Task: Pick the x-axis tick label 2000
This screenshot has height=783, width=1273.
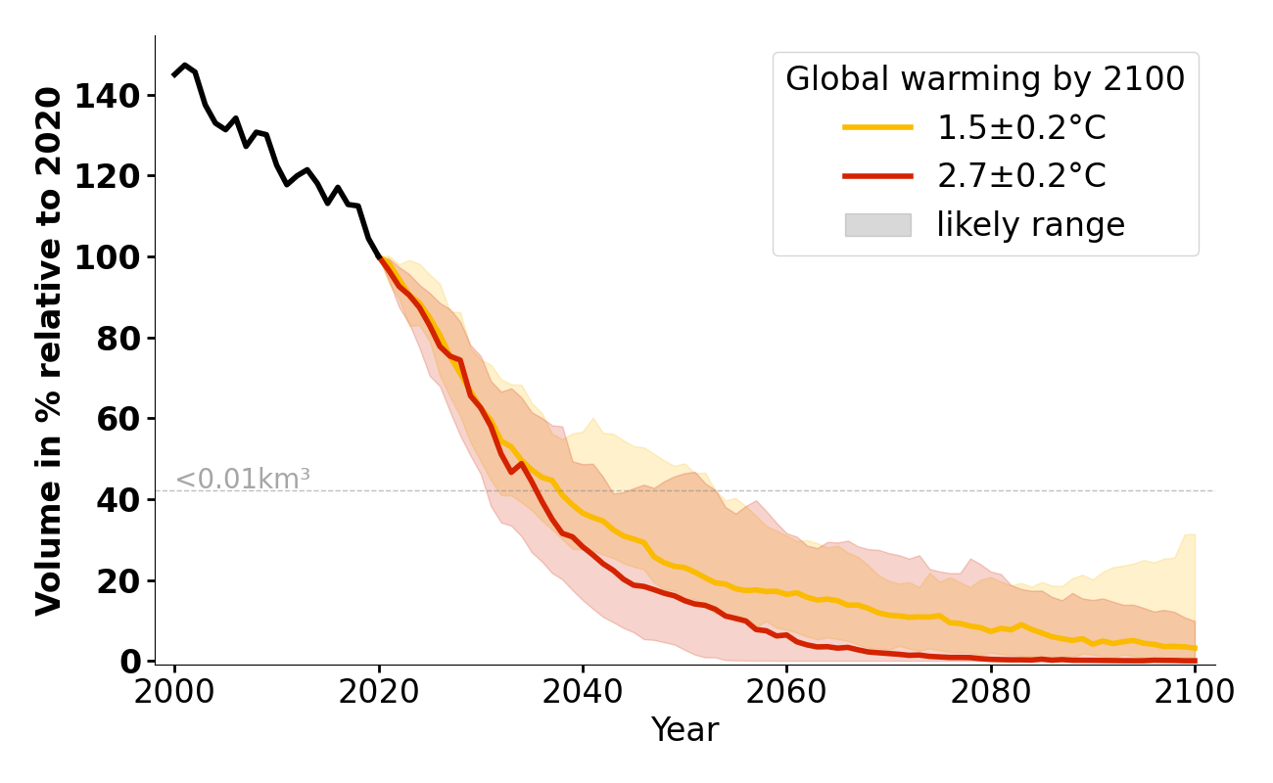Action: pos(175,691)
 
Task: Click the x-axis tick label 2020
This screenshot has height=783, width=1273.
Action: pos(379,691)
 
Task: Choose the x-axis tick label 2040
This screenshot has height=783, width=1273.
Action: pos(583,691)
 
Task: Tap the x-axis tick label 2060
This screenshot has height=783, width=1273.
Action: pos(786,691)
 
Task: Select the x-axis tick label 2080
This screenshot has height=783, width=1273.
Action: pos(990,691)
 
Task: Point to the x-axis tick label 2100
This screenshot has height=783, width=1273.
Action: pos(1194,691)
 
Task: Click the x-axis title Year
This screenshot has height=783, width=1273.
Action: pos(684,730)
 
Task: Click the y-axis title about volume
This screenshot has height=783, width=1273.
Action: pos(49,350)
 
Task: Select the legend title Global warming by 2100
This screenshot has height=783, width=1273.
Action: pos(985,79)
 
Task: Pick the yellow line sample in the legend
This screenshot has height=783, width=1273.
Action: pos(877,127)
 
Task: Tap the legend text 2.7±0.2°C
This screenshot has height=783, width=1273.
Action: pos(1021,176)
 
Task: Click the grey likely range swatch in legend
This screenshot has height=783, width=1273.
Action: pos(877,225)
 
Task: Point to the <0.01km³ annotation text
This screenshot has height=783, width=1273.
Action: pos(243,480)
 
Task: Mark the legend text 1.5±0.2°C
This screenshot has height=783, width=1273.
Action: pos(1021,127)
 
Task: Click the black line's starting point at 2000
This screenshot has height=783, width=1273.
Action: pos(175,74)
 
